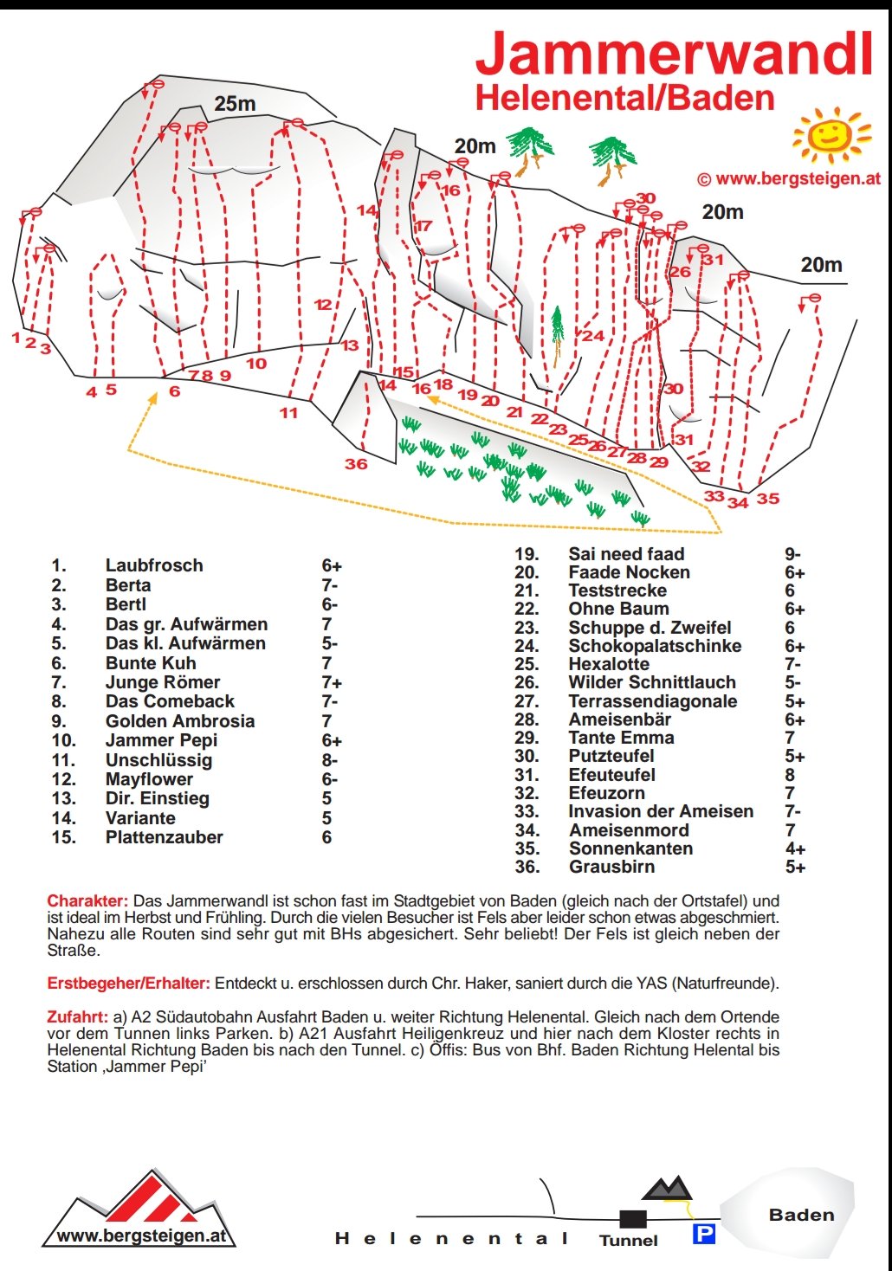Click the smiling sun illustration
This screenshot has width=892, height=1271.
pyautogui.click(x=831, y=134)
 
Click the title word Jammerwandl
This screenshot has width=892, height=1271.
pyautogui.click(x=674, y=54)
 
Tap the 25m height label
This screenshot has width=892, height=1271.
pyautogui.click(x=235, y=104)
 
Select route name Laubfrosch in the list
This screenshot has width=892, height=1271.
pyautogui.click(x=154, y=565)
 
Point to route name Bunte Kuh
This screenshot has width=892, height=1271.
pyautogui.click(x=151, y=663)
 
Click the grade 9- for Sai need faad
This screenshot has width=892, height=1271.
pyautogui.click(x=792, y=554)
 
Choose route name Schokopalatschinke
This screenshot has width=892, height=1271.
pyautogui.click(x=655, y=646)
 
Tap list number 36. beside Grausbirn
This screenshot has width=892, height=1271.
pyautogui.click(x=527, y=867)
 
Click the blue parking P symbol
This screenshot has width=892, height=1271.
pyautogui.click(x=704, y=1234)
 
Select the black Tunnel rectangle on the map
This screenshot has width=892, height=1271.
pyautogui.click(x=633, y=1219)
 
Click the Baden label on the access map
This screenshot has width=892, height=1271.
pyautogui.click(x=801, y=1215)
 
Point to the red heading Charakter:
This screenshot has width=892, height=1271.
pyautogui.click(x=87, y=900)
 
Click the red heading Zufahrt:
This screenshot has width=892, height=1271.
pyautogui.click(x=78, y=1016)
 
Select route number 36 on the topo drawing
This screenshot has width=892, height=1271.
pyautogui.click(x=356, y=464)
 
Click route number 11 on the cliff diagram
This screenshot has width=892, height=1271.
pyautogui.click(x=288, y=413)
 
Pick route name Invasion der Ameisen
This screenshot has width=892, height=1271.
pyautogui.click(x=661, y=811)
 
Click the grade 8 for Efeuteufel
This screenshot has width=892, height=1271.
pyautogui.click(x=790, y=775)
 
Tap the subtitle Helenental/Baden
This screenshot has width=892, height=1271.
pyautogui.click(x=624, y=98)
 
